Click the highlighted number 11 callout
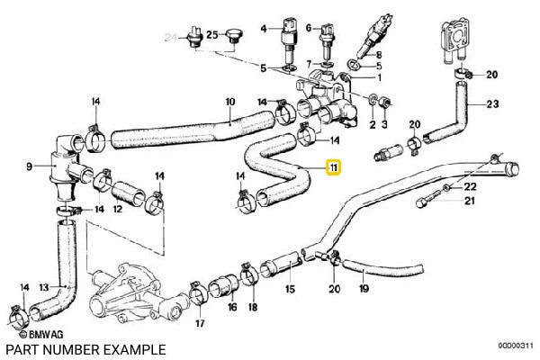(x=333, y=167)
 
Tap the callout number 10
(x=229, y=101)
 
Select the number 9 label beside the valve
(x=30, y=166)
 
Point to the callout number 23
(x=491, y=103)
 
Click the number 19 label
(x=364, y=290)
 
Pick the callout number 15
(x=290, y=290)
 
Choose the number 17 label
(x=200, y=322)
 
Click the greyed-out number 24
(x=171, y=36)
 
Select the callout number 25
(x=211, y=35)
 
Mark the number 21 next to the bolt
(x=467, y=202)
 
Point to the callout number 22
(x=471, y=185)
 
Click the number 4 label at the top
(x=265, y=29)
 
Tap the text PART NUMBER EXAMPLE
(x=86, y=349)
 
